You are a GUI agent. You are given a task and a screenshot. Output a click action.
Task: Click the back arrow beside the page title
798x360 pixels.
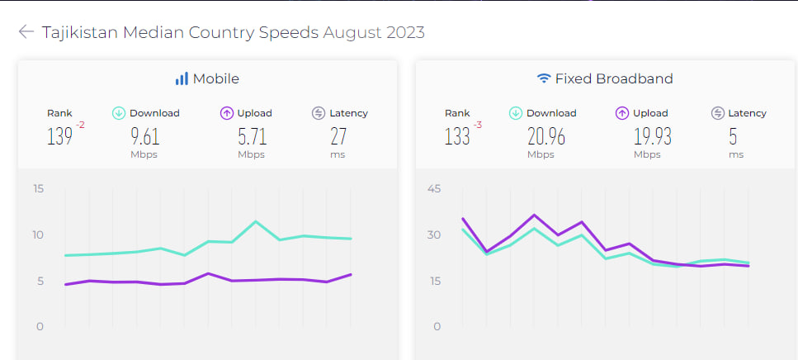point(26,32)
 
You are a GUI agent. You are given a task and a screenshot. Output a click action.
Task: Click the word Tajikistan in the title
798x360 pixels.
point(80,33)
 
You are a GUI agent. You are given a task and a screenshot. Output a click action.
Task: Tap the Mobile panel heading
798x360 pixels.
point(215,79)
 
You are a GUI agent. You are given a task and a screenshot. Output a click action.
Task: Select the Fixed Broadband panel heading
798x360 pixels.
point(613,79)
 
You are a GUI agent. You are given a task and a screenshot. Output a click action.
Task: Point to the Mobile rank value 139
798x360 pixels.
point(59,136)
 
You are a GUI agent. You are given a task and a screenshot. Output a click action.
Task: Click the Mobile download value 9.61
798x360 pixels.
point(144,136)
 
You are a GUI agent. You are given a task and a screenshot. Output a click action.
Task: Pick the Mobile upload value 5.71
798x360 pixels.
point(252,136)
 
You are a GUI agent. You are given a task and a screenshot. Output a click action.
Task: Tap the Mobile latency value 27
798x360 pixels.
point(338,136)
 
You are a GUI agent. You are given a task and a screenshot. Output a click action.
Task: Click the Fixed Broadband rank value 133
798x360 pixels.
point(457,136)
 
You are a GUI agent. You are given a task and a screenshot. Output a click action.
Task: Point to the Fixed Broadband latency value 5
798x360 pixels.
point(733,136)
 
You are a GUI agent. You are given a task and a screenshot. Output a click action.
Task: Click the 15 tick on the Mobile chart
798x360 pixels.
point(38,189)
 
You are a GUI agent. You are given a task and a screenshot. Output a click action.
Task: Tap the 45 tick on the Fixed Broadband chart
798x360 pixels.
point(434,189)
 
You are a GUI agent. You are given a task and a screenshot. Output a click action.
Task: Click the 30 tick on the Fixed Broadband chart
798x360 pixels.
point(434,235)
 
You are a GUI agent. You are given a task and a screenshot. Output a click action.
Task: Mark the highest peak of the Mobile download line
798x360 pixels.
point(256,221)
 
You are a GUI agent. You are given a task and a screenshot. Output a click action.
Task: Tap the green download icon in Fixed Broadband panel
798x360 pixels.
point(516,113)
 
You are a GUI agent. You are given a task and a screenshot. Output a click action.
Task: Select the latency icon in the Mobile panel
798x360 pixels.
point(319,113)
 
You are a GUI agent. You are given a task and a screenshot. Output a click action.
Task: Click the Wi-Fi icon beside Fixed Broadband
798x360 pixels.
point(544,79)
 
